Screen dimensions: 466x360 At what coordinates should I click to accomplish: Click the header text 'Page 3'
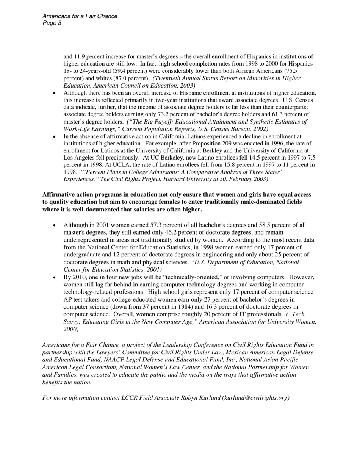pos(52,23)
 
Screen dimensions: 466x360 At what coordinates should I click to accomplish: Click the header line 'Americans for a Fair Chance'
pos(80,16)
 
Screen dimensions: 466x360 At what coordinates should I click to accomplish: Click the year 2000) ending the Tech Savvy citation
pos(71,329)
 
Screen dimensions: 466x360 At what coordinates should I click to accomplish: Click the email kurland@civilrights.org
pos(256,398)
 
